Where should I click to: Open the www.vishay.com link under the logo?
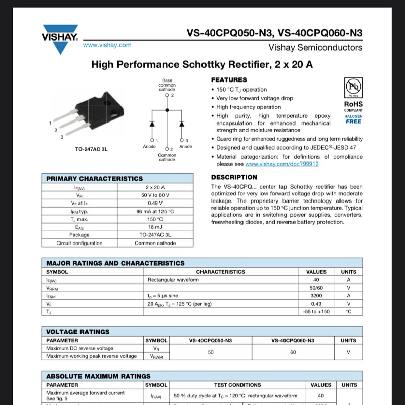pyautogui.click(x=107, y=45)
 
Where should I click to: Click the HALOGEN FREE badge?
pyautogui.click(x=353, y=119)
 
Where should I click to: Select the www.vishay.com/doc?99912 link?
pyautogui.click(x=282, y=164)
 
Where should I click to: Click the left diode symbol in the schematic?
pyautogui.click(x=151, y=124)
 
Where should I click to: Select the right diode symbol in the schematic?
pyautogui.click(x=182, y=124)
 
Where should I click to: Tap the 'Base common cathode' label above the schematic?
pyautogui.click(x=167, y=85)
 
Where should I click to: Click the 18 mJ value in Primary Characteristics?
pyautogui.click(x=155, y=227)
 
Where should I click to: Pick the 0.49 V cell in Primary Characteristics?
pyautogui.click(x=155, y=203)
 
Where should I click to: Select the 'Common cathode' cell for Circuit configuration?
pyautogui.click(x=155, y=243)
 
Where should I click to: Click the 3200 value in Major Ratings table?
pyautogui.click(x=316, y=296)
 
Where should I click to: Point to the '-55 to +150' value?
pyautogui.click(x=316, y=312)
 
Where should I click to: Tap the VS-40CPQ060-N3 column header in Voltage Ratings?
pyautogui.click(x=293, y=340)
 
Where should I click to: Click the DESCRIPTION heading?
pyautogui.click(x=234, y=177)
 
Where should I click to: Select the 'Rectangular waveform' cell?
pyautogui.click(x=173, y=280)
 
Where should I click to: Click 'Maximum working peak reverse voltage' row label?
pyautogui.click(x=91, y=356)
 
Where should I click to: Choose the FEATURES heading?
pyautogui.click(x=229, y=80)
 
